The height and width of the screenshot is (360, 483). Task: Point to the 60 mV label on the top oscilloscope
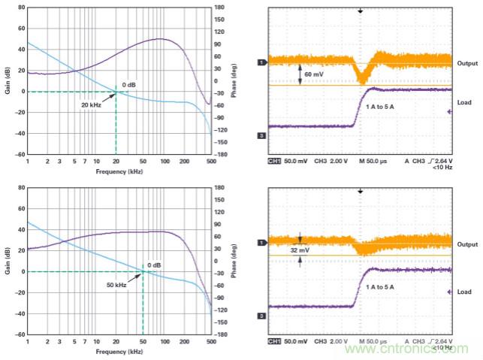(315, 75)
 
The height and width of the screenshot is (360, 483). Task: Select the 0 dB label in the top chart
(129, 84)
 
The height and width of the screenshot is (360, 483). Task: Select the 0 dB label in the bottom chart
(154, 265)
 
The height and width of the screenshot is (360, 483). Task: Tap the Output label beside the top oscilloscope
(467, 63)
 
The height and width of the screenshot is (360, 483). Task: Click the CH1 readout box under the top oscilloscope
(274, 161)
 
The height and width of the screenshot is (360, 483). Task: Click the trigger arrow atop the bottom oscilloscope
(361, 191)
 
